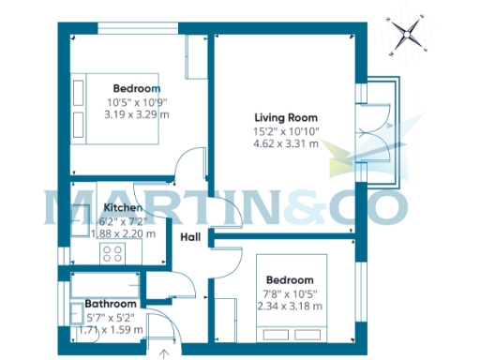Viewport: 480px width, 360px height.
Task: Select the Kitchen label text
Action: pyautogui.click(x=123, y=207)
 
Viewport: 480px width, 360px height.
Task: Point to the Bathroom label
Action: pyautogui.click(x=111, y=304)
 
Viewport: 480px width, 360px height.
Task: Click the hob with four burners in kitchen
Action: pyautogui.click(x=113, y=253)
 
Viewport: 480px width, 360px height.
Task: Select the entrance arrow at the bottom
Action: pyautogui.click(x=166, y=353)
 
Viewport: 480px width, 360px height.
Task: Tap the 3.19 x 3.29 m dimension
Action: pyautogui.click(x=137, y=115)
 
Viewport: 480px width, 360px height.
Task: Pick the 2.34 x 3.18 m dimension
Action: pyautogui.click(x=294, y=306)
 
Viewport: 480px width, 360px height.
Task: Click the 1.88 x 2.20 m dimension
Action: pyautogui.click(x=123, y=234)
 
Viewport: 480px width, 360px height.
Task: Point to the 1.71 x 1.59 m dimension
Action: pyautogui.click(x=111, y=330)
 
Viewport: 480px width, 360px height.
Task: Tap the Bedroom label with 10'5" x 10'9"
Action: pyautogui.click(x=137, y=88)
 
